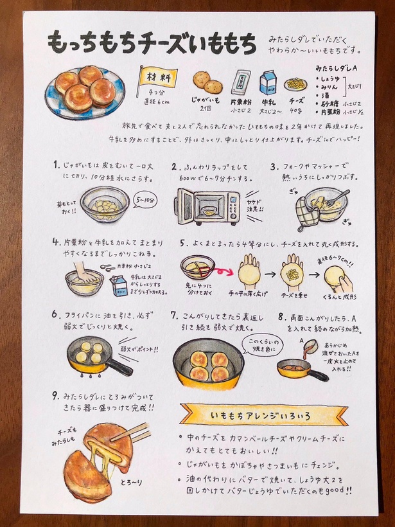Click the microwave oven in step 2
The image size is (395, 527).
click(x=207, y=206)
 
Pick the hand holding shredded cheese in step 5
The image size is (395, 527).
click(x=294, y=272)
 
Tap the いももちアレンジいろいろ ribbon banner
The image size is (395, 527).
click(x=255, y=415)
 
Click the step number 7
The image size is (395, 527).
click(x=174, y=316)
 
